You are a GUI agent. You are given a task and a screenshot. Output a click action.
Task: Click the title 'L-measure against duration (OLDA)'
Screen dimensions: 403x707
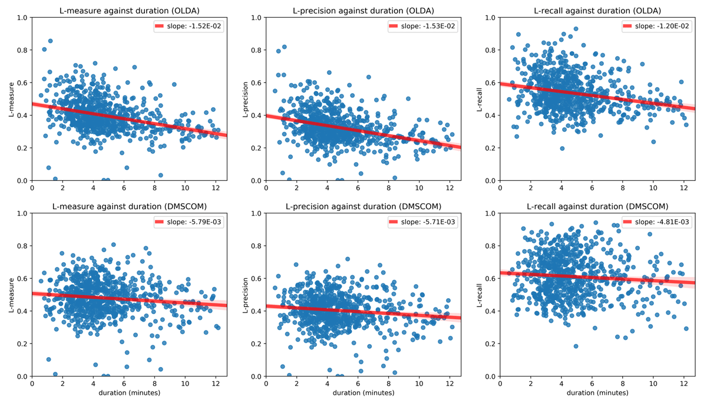128,10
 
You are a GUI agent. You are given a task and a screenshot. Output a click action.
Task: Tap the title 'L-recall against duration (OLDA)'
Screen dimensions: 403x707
597,10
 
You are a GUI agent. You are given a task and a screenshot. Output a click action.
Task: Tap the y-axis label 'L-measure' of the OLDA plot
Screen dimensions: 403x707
12,99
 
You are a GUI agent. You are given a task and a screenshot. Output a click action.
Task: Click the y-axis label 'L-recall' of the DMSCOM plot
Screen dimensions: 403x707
480,295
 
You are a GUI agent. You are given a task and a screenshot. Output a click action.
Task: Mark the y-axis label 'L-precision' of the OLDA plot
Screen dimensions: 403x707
246,99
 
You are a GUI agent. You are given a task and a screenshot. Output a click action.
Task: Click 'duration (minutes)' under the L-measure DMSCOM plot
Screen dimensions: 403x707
128,393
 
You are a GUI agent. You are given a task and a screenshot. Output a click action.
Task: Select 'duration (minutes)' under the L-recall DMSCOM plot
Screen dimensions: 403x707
597,393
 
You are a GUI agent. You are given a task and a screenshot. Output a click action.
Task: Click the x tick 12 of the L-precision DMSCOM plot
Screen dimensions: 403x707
450,384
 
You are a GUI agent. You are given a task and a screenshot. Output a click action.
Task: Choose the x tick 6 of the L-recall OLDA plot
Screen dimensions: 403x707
592,187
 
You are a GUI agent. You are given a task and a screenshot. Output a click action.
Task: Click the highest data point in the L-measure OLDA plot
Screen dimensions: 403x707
51,41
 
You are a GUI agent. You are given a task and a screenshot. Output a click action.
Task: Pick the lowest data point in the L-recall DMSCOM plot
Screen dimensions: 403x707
576,346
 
